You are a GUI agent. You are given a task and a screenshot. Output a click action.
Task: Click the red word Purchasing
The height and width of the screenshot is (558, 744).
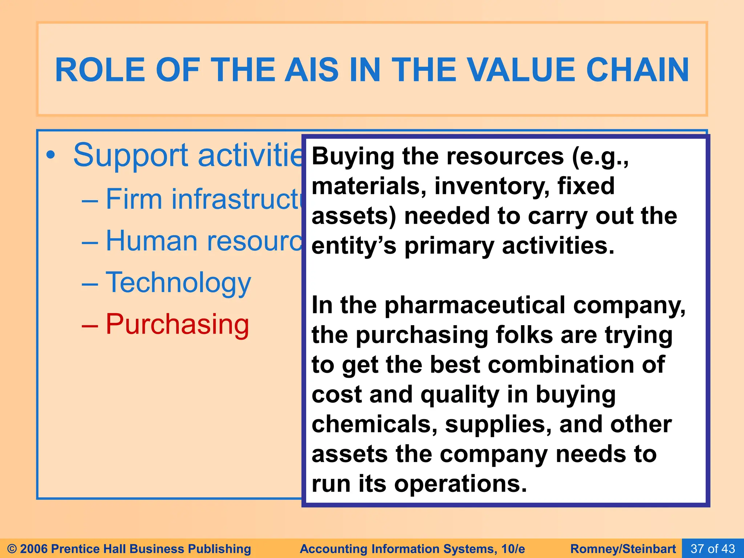tap(177, 324)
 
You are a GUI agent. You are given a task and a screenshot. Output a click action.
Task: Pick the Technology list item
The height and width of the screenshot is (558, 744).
tap(178, 283)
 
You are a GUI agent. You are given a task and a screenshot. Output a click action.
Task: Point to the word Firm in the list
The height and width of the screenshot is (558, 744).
tap(134, 199)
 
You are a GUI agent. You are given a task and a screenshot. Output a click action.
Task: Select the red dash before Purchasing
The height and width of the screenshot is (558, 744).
tap(89, 325)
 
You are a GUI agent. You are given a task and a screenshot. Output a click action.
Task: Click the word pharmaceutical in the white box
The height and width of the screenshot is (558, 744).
tap(475, 305)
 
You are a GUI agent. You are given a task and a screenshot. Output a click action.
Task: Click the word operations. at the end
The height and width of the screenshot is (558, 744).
tap(460, 484)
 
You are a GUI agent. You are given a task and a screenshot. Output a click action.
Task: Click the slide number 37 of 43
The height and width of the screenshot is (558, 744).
tap(712, 549)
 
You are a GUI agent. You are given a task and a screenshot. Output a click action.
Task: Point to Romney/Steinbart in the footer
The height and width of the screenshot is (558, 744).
tap(623, 549)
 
